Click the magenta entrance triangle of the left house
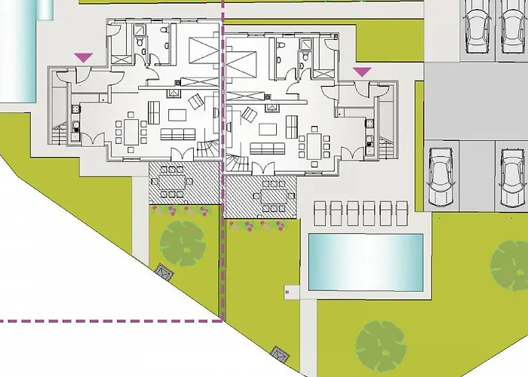pos(83,57)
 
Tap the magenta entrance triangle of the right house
pos(364,72)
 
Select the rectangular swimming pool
pos(366,262)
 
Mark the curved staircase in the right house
pos(238,163)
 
